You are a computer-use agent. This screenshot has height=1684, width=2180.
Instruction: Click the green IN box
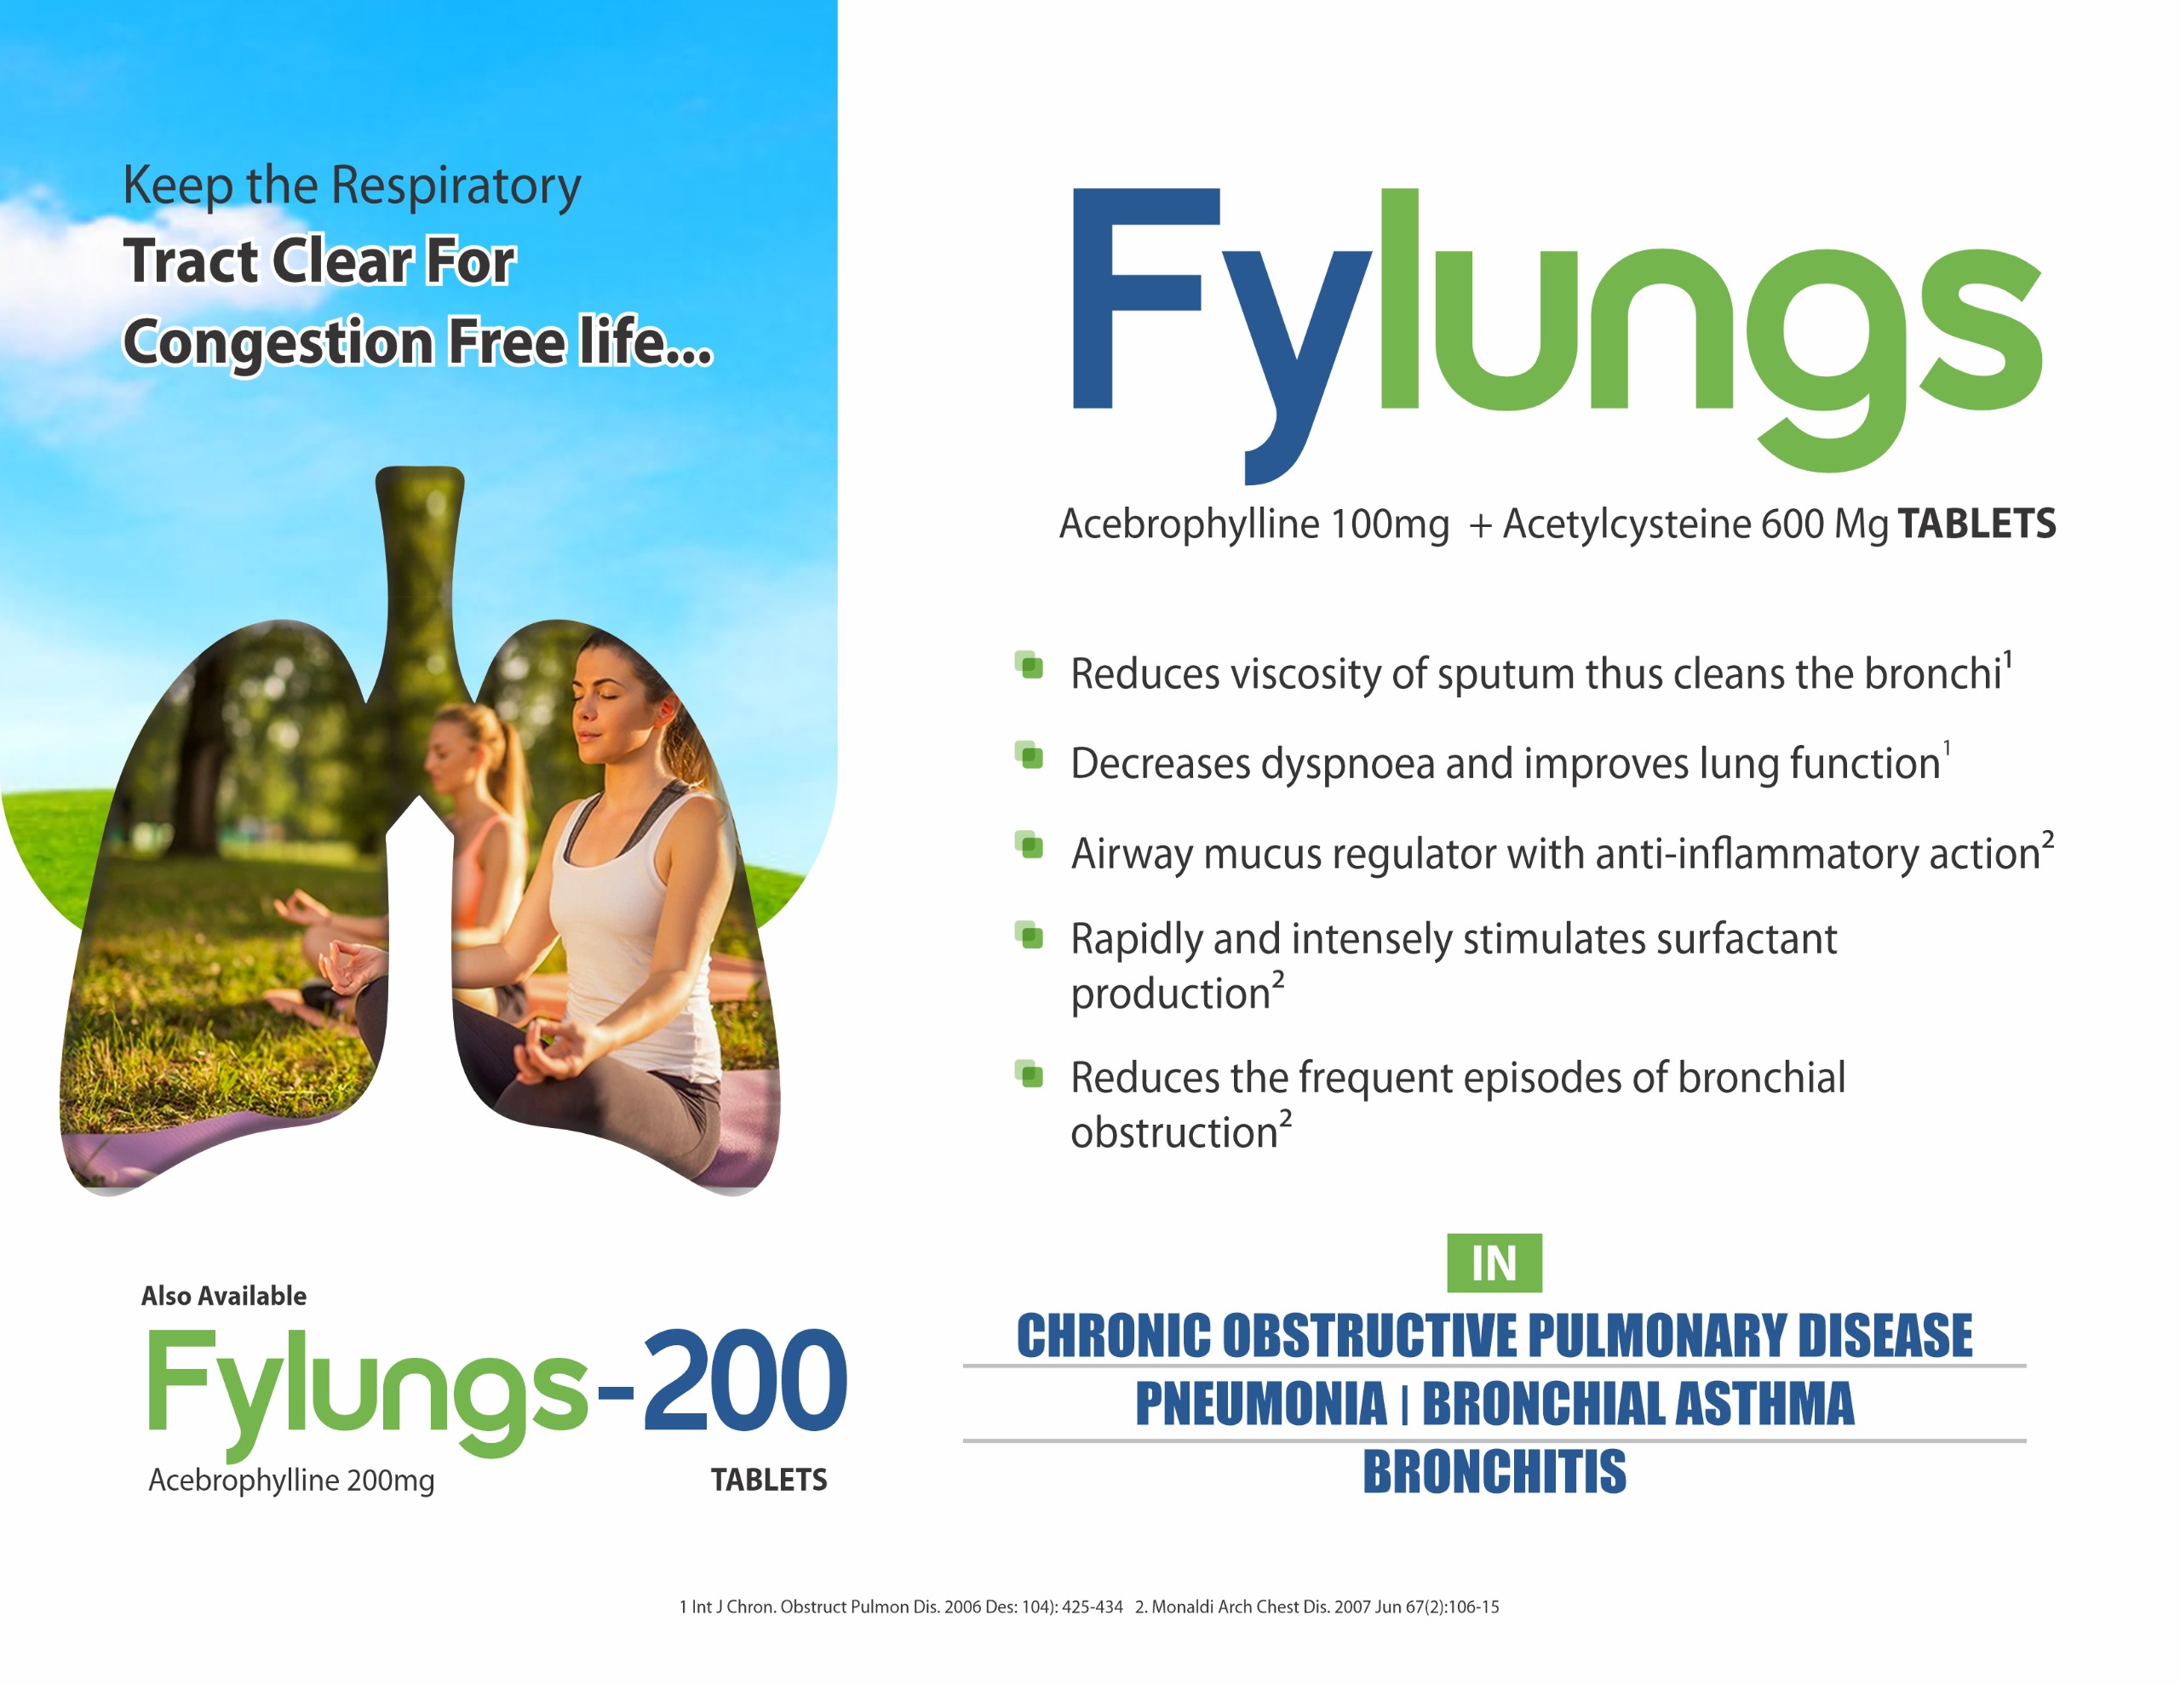[1494, 1263]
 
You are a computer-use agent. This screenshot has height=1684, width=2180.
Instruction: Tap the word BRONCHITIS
[1494, 1471]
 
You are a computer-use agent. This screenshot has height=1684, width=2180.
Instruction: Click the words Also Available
[224, 1296]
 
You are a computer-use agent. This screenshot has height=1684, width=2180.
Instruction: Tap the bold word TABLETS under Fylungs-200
[769, 1480]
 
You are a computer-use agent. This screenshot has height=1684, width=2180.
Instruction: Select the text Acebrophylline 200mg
[291, 1480]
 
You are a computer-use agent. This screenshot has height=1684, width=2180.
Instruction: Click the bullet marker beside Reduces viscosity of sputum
[1029, 666]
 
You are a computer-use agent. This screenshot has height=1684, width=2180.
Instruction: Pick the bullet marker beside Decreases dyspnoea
[1029, 756]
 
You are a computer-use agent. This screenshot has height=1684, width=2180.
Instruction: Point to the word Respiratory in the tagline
[456, 186]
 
